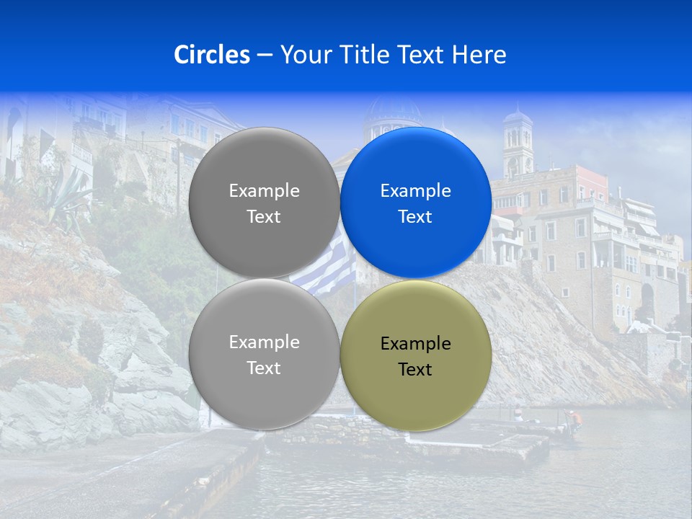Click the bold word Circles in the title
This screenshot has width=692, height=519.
point(211,55)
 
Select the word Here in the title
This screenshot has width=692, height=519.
point(479,55)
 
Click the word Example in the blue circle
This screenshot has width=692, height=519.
point(416,191)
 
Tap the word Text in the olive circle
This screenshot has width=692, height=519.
point(415,370)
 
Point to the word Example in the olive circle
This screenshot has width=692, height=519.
point(416,344)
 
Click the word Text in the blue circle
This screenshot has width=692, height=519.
point(415,217)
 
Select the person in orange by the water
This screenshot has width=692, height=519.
point(572,417)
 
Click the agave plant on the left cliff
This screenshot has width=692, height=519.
point(68,191)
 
